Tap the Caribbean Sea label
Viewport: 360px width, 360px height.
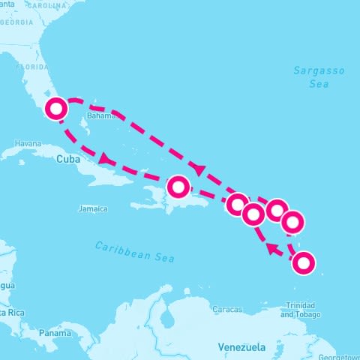pyautogui.click(x=135, y=251)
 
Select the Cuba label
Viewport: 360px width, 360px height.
pyautogui.click(x=67, y=159)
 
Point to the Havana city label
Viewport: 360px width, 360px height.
pyautogui.click(x=28, y=143)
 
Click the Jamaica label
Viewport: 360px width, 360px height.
pyautogui.click(x=93, y=208)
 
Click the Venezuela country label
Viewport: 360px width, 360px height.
pyautogui.click(x=241, y=347)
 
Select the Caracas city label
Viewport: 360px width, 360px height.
pyautogui.click(x=226, y=309)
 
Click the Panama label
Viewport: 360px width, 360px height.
pyautogui.click(x=55, y=332)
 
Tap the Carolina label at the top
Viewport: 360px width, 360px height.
pyautogui.click(x=46, y=4)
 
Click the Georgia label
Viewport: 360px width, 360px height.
pyautogui.click(x=16, y=22)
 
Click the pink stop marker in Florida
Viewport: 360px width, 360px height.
pyautogui.click(x=56, y=109)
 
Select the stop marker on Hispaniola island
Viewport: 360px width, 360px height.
pyautogui.click(x=178, y=186)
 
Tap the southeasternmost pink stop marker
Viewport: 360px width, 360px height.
pyautogui.click(x=303, y=263)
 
